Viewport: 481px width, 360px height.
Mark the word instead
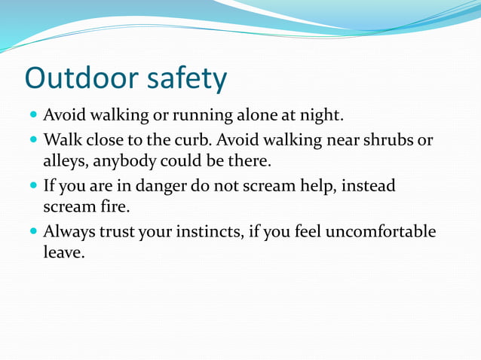(x=368, y=186)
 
